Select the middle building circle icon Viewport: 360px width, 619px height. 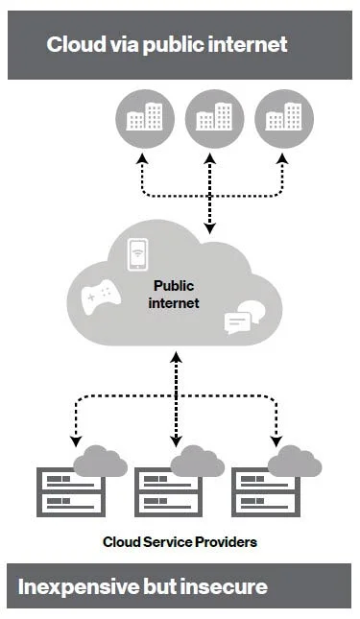[x=211, y=119]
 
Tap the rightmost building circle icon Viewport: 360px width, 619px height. [x=281, y=119]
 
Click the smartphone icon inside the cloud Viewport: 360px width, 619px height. [x=140, y=254]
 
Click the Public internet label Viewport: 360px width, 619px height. [x=175, y=295]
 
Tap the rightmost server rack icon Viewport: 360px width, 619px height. [x=264, y=492]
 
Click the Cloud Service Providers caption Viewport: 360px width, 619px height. [x=180, y=542]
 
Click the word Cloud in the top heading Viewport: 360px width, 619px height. [x=75, y=44]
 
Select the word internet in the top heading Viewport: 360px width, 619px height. [x=248, y=44]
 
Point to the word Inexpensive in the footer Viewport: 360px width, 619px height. [x=82, y=585]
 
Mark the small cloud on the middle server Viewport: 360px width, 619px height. [x=197, y=463]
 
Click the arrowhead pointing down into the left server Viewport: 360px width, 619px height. [x=75, y=443]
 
